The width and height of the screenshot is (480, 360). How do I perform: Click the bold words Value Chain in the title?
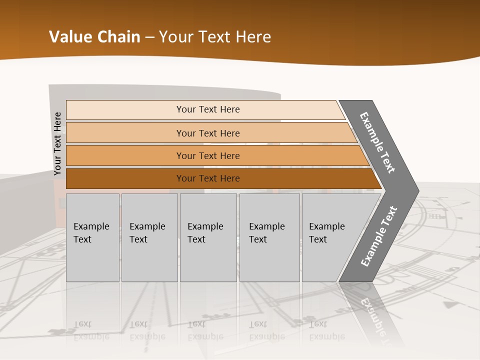coord(94,37)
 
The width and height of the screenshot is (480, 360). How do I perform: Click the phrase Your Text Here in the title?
coord(215,37)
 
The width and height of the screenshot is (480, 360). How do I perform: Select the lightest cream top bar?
coord(125,109)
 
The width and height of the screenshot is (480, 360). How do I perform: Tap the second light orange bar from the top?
coord(125,133)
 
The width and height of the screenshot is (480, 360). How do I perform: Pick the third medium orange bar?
coord(125,155)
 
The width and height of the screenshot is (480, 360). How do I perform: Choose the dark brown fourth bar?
coord(125,178)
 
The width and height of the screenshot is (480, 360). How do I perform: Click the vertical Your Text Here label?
coord(57,143)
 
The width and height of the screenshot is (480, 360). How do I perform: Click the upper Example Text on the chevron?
coord(377,142)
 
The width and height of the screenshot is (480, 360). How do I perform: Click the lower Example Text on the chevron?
coord(378,236)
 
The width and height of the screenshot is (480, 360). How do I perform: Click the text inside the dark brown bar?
coord(208,178)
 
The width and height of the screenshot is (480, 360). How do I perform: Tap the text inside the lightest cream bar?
coord(208,109)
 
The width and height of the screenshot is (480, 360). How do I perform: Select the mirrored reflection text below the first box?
coord(91,330)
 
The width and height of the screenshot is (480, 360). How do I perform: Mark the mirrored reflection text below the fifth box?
coord(326,330)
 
